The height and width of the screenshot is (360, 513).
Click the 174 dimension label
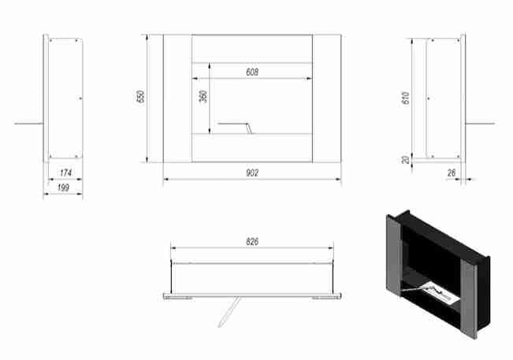[65, 173]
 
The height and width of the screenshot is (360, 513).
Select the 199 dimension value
[63, 187]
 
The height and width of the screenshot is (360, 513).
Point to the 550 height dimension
[140, 96]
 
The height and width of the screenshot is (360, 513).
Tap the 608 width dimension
[252, 72]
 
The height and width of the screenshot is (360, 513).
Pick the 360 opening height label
[203, 96]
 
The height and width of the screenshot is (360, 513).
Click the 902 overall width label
[252, 173]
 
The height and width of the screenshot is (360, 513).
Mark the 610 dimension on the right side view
[405, 98]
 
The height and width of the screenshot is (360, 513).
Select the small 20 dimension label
[405, 160]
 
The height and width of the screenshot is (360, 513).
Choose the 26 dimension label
[452, 173]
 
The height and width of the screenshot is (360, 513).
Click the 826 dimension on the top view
[252, 242]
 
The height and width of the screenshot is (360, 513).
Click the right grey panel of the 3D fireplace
[469, 299]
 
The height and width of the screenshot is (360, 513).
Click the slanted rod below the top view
[229, 312]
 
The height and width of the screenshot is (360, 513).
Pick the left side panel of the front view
[177, 98]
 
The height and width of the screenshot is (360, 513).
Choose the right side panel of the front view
[326, 98]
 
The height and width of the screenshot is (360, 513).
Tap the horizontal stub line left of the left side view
[29, 124]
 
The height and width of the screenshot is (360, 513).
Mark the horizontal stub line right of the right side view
[480, 124]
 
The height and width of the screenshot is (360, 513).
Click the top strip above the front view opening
[252, 49]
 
